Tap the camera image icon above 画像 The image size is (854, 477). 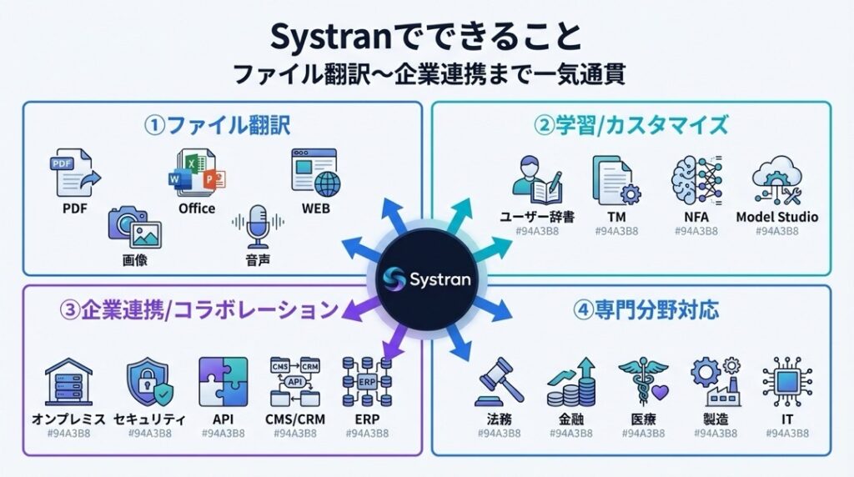134,228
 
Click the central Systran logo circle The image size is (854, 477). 427,278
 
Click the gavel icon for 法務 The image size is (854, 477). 499,384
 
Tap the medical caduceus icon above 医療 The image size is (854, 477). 642,382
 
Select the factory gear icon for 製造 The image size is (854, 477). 715,382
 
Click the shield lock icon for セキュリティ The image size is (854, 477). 149,383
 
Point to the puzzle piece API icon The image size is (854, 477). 223,381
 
